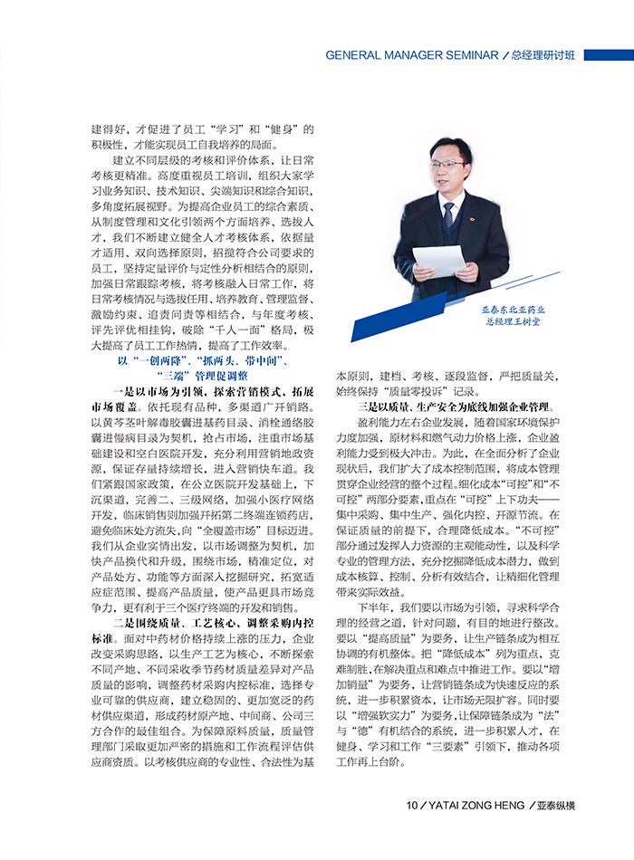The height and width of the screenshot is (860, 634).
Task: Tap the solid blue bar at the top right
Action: click(x=608, y=55)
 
